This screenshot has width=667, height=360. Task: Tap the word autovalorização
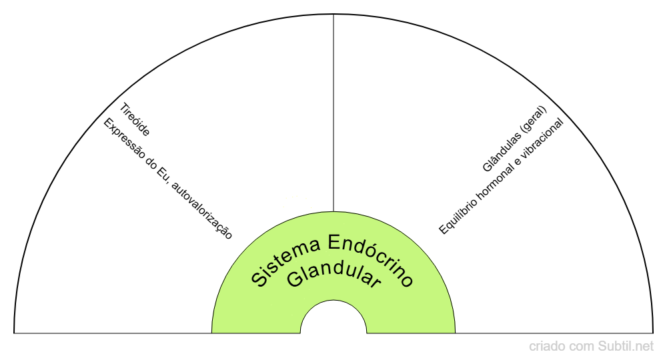(x=201, y=212)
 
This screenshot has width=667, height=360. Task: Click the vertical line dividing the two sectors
(x=333, y=113)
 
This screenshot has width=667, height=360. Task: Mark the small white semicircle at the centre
(x=333, y=320)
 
